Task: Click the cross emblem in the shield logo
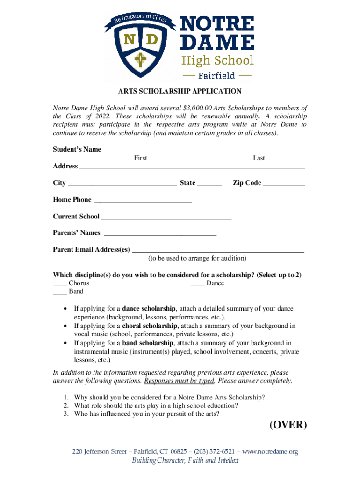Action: pyautogui.click(x=138, y=60)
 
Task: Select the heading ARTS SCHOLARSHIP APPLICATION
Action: pyautogui.click(x=180, y=91)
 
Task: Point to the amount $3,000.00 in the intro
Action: pyautogui.click(x=201, y=108)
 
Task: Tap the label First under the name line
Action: pyautogui.click(x=140, y=158)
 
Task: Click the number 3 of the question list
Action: pyautogui.click(x=66, y=414)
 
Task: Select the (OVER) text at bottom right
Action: pyautogui.click(x=288, y=425)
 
